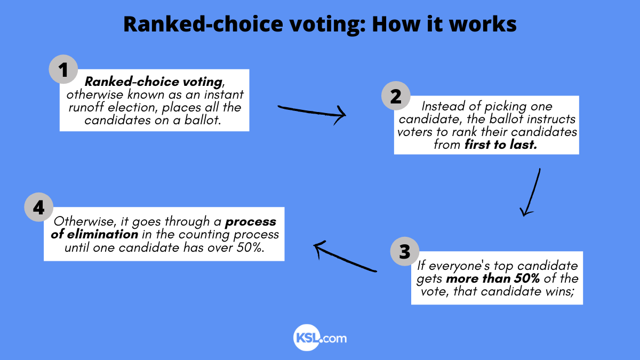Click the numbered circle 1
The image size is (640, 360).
63,70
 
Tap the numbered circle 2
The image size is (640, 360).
396,97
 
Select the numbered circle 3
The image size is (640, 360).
405,251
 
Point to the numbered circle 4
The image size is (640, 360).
39,208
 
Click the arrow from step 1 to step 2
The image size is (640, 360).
312,111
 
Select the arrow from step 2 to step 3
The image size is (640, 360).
532,192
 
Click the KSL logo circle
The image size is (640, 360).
306,338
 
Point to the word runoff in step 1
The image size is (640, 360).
85,107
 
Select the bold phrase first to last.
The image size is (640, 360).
500,145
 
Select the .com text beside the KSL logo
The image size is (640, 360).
334,338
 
